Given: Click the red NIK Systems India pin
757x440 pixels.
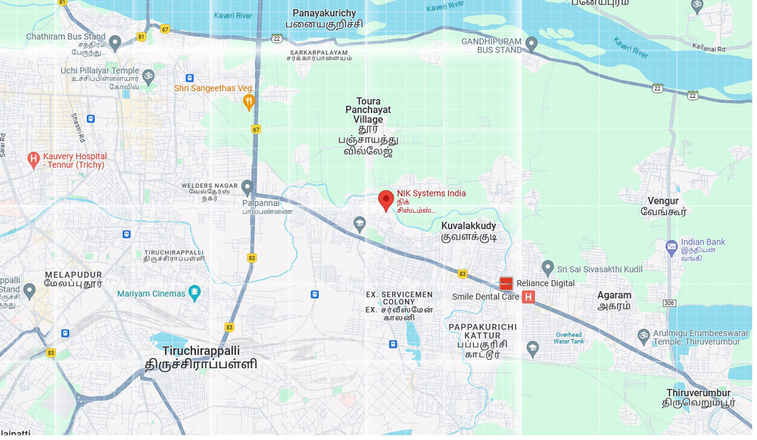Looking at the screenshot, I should pos(386,200).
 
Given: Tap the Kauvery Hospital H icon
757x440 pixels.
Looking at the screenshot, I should pos(33,159).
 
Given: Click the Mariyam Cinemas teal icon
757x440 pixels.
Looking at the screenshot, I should pos(195,292).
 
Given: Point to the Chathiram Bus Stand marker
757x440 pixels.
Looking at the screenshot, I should pos(115,42).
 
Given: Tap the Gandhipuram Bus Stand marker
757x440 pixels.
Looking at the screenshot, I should pos(531,44).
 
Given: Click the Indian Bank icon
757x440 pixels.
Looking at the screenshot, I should pos(671,247).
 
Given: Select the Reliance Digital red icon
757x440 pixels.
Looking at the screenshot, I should pos(506,283).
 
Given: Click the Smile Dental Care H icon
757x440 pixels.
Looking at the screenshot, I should pos(528,297).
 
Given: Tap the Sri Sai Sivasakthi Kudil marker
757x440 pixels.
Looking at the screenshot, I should pos(548,268).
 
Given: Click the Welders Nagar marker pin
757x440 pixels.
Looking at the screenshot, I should pos(247,186).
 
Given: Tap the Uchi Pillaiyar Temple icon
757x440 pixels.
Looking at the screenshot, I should pos(148,76).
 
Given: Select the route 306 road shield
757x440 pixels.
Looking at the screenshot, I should pos(669,303).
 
